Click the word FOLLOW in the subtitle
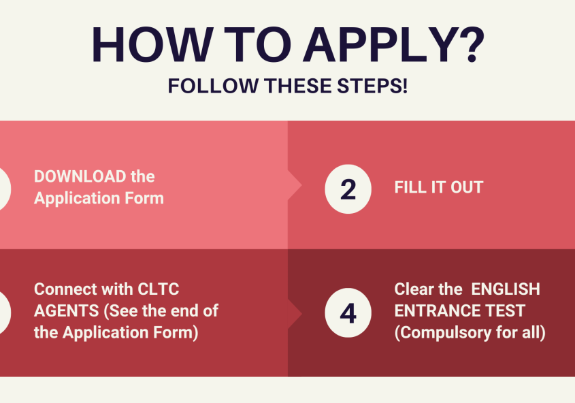point(214,86)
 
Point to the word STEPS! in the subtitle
point(372,86)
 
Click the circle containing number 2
point(348,189)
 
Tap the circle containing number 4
point(348,312)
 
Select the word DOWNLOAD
point(80,177)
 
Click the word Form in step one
point(144,198)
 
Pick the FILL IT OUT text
point(439,187)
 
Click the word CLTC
point(159,289)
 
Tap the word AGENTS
point(67,311)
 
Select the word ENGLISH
point(506,289)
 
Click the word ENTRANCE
point(438,311)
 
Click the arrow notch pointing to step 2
point(295,185)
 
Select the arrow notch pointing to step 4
point(295,314)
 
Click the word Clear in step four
point(413,289)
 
